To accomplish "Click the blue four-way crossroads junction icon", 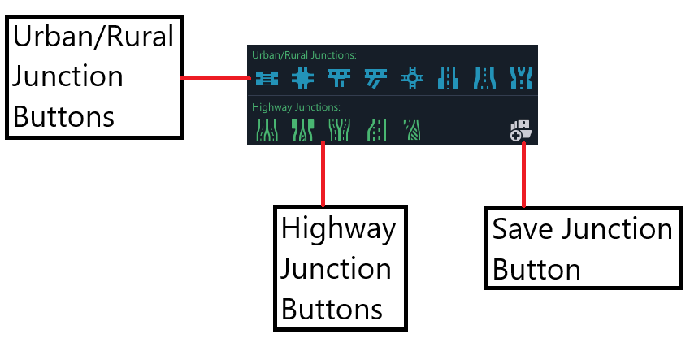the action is pyautogui.click(x=303, y=78).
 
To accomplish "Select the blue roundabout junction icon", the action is pyautogui.click(x=412, y=78).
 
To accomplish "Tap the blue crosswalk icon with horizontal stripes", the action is pyautogui.click(x=267, y=78).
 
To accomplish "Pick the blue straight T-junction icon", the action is pyautogui.click(x=339, y=78).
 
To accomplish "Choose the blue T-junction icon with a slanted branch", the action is pyautogui.click(x=375, y=78).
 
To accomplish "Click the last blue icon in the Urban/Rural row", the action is pyautogui.click(x=521, y=78).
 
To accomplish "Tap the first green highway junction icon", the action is pyautogui.click(x=267, y=130).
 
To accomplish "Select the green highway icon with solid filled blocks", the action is pyautogui.click(x=303, y=130).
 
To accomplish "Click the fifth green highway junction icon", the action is pyautogui.click(x=412, y=130).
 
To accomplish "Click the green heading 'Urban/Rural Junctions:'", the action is pyautogui.click(x=304, y=55).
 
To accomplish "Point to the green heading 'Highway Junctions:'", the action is pyautogui.click(x=296, y=107).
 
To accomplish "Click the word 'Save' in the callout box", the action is pyautogui.click(x=523, y=229).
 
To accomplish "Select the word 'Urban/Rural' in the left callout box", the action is pyautogui.click(x=93, y=37).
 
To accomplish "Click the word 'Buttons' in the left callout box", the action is pyautogui.click(x=64, y=117).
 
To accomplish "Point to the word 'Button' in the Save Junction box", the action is pyautogui.click(x=536, y=269).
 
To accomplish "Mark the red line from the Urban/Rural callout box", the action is pyautogui.click(x=215, y=78).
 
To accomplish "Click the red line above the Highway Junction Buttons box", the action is pyautogui.click(x=323, y=174).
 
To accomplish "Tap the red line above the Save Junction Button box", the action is pyautogui.click(x=523, y=175).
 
